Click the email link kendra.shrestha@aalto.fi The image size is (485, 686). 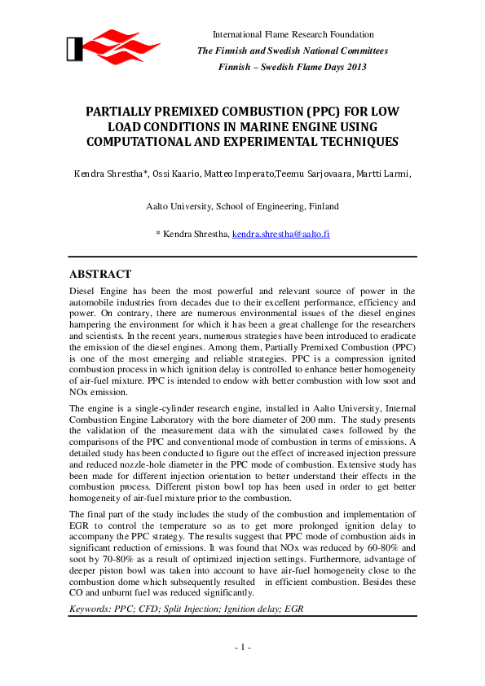(x=280, y=234)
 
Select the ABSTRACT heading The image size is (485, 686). (x=100, y=274)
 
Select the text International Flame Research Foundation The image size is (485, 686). (x=293, y=35)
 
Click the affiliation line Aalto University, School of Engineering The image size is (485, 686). (x=242, y=207)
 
